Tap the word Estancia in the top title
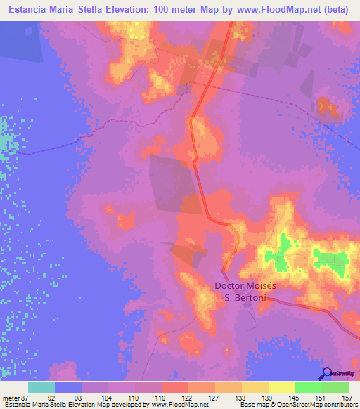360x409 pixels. (x=30, y=9)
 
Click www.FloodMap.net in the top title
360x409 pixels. (x=271, y=9)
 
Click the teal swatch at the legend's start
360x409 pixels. (x=41, y=387)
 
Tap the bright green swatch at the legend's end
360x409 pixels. (x=335, y=387)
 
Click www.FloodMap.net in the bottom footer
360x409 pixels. (x=178, y=405)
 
